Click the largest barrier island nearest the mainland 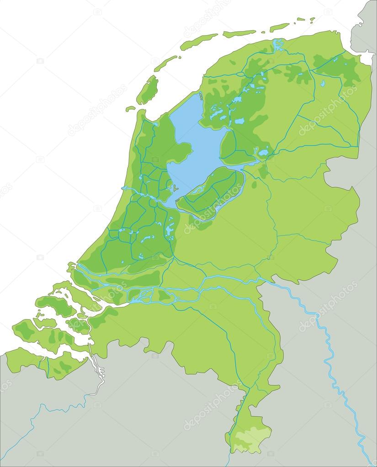(x=148, y=90)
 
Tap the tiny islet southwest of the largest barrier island (x=131, y=109)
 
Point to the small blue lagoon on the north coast (x=278, y=45)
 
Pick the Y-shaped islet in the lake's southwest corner (x=173, y=188)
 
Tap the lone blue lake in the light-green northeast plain (x=323, y=84)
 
